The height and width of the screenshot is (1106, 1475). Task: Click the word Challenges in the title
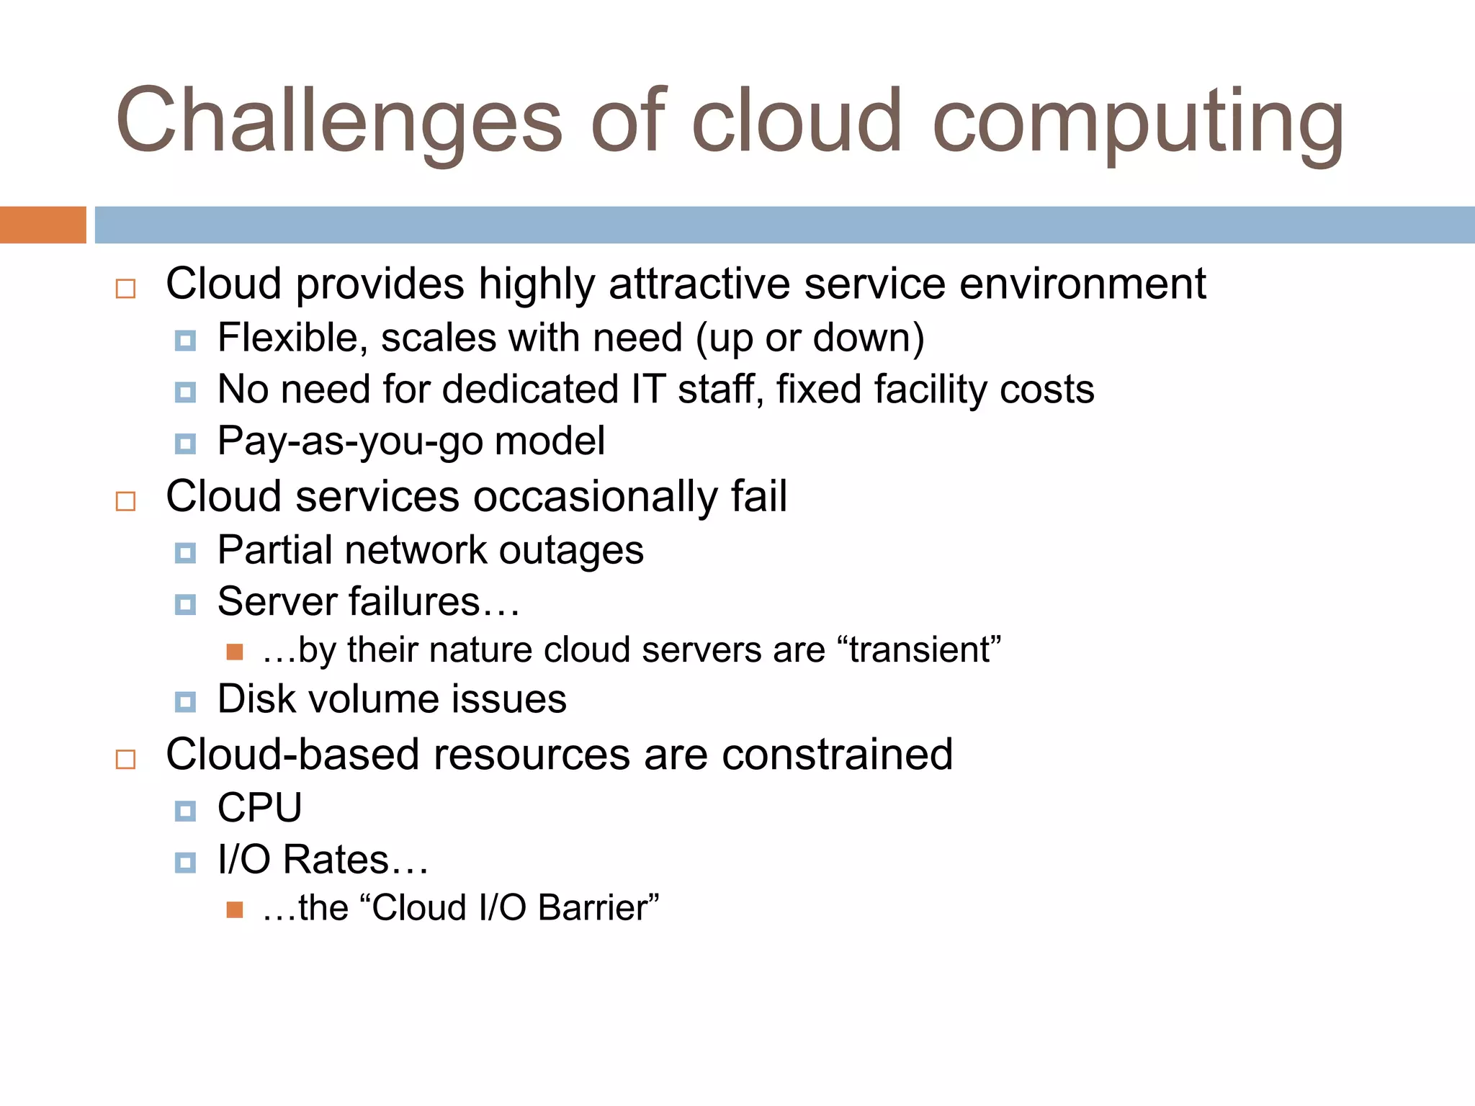tap(339, 121)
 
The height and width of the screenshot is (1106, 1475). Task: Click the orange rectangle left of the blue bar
tap(42, 225)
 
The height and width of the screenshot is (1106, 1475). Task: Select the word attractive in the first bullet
tap(699, 284)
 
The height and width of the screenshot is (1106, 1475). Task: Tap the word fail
tap(759, 497)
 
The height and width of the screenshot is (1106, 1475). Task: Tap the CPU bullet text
tap(260, 808)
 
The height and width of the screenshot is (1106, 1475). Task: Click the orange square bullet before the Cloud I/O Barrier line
tap(234, 909)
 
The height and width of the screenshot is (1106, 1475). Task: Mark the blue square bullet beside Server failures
tap(185, 605)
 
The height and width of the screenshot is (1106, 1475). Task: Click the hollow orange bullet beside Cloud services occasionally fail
tap(126, 501)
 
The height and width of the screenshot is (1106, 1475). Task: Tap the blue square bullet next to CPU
tap(185, 811)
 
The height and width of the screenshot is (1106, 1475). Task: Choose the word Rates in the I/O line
tap(336, 860)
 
